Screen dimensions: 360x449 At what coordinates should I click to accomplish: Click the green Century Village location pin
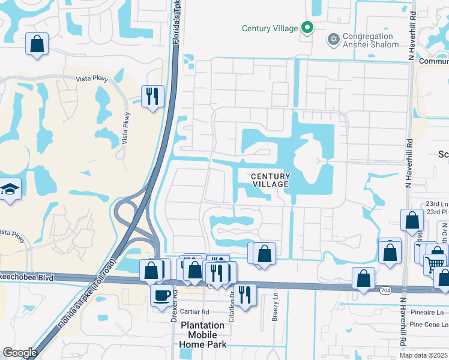pos(307,28)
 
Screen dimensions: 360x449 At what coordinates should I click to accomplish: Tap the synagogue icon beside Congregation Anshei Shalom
pos(333,40)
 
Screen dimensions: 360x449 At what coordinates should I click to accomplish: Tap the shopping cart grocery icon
pos(435,263)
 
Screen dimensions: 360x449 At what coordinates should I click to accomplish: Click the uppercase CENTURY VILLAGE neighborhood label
pos(270,180)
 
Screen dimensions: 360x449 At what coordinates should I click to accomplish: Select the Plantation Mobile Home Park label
pos(203,335)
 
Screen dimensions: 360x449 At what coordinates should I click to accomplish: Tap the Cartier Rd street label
pos(194,312)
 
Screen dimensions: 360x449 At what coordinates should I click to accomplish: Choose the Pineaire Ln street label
pos(427,313)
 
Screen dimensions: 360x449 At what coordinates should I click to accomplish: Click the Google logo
pos(20,353)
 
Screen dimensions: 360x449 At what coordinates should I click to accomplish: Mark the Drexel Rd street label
pos(174,307)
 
